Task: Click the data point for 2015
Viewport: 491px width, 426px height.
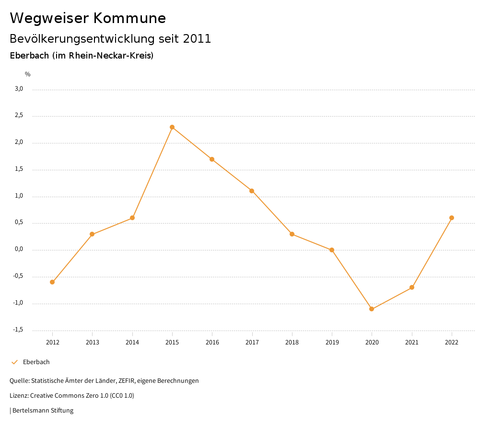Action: tap(172, 127)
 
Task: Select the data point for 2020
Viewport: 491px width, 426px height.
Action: tap(372, 309)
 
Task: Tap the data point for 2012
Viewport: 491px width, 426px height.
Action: tap(52, 282)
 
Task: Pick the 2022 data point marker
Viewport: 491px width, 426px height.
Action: tap(452, 218)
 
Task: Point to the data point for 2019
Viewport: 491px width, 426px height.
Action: tap(332, 250)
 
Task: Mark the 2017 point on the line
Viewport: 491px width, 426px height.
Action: tap(252, 191)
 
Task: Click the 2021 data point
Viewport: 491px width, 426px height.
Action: tap(412, 287)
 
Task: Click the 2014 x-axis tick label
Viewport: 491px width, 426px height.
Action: tap(132, 342)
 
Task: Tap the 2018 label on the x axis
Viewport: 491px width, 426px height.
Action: tap(292, 342)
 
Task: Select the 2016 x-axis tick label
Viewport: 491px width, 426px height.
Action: tap(212, 342)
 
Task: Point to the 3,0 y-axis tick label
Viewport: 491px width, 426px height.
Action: tap(19, 89)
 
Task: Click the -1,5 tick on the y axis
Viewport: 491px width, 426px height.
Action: tap(18, 330)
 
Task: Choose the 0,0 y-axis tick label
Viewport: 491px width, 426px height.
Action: tap(19, 249)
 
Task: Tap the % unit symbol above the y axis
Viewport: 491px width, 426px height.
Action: tap(28, 74)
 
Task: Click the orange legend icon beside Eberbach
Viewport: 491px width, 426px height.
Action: tap(14, 362)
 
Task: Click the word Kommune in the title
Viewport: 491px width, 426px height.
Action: tap(129, 18)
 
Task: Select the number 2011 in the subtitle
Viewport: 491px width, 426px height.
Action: tap(197, 39)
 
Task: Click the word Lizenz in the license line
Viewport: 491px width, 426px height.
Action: tap(19, 396)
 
